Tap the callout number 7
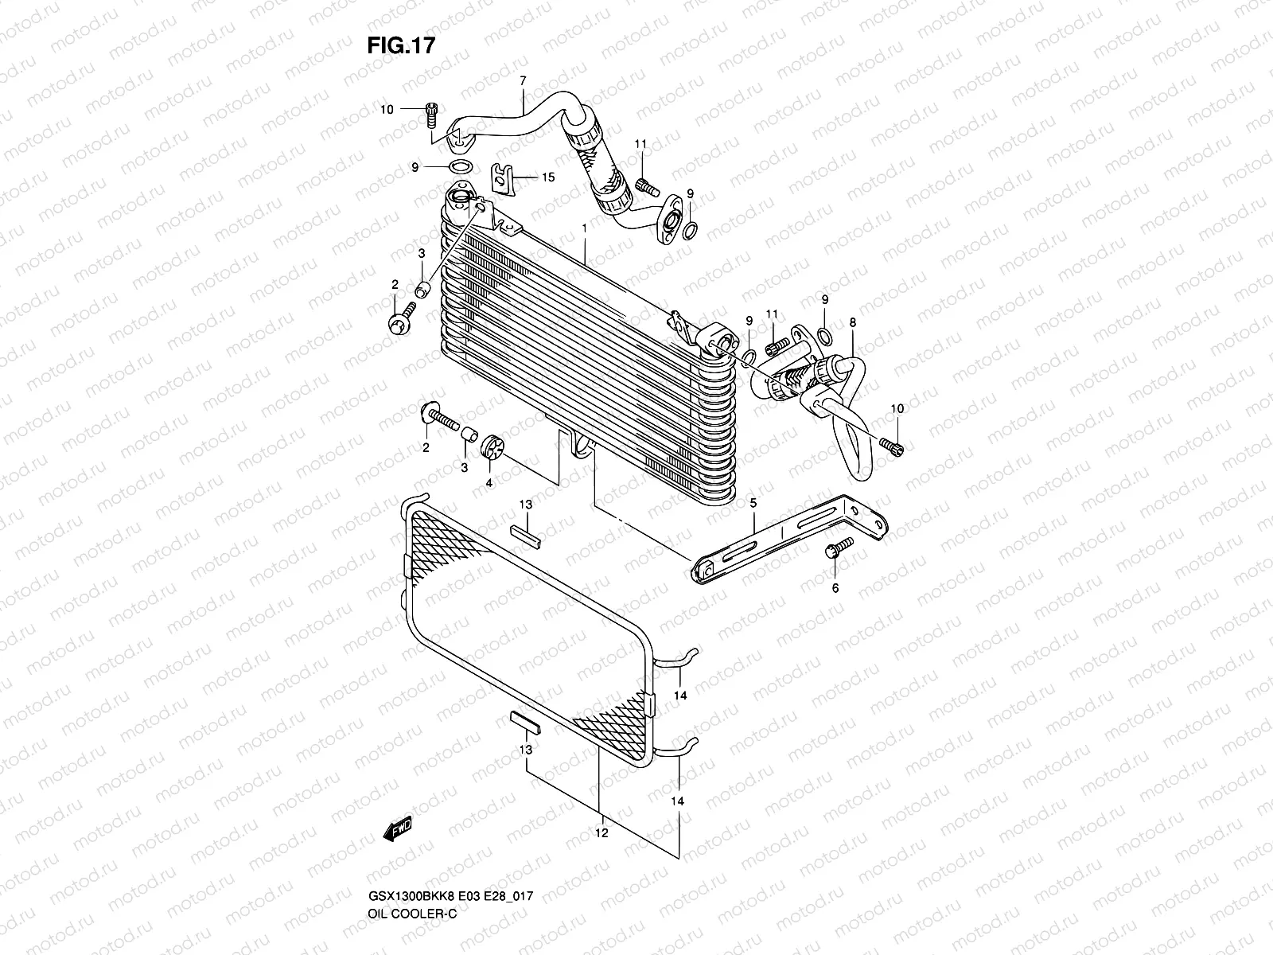click(x=523, y=80)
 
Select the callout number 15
click(x=547, y=177)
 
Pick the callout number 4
click(x=489, y=482)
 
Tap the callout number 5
click(x=753, y=503)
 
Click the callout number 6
click(x=835, y=588)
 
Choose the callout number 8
click(x=853, y=322)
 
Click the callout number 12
click(x=601, y=833)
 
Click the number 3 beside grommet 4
click(x=464, y=468)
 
